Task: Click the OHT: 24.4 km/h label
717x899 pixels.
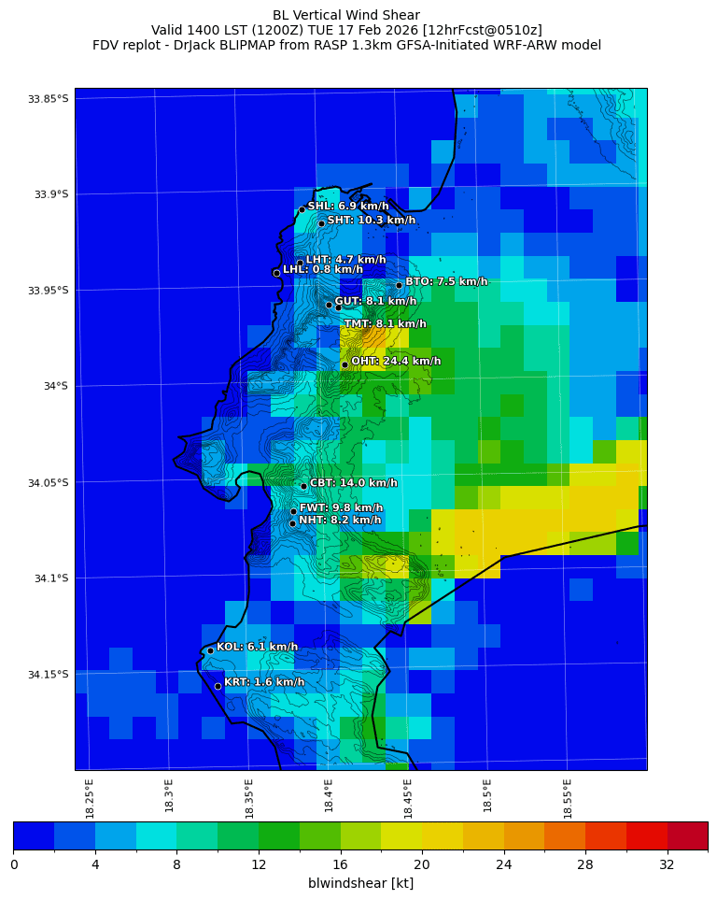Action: click(x=396, y=361)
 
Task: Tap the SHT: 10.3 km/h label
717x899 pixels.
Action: click(x=371, y=220)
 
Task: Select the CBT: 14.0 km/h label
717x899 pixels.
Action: click(x=353, y=483)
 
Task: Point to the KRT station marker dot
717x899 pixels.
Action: click(x=218, y=686)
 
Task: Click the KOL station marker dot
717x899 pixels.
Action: click(x=211, y=650)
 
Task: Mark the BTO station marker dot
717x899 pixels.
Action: click(x=399, y=285)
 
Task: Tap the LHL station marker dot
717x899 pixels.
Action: click(x=276, y=273)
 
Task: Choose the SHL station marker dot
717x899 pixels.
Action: click(x=302, y=209)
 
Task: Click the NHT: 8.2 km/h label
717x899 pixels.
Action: click(x=340, y=520)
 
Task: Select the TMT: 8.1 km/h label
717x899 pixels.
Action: click(x=385, y=323)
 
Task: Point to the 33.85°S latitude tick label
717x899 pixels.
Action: click(x=49, y=99)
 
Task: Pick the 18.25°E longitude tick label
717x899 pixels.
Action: click(x=90, y=797)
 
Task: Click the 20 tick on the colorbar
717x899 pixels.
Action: click(x=421, y=864)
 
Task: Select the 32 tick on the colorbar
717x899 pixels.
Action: click(x=667, y=864)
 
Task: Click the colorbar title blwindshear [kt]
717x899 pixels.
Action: click(x=360, y=883)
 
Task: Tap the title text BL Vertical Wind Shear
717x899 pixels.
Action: click(x=346, y=15)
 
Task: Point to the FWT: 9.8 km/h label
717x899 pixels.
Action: click(x=342, y=507)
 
